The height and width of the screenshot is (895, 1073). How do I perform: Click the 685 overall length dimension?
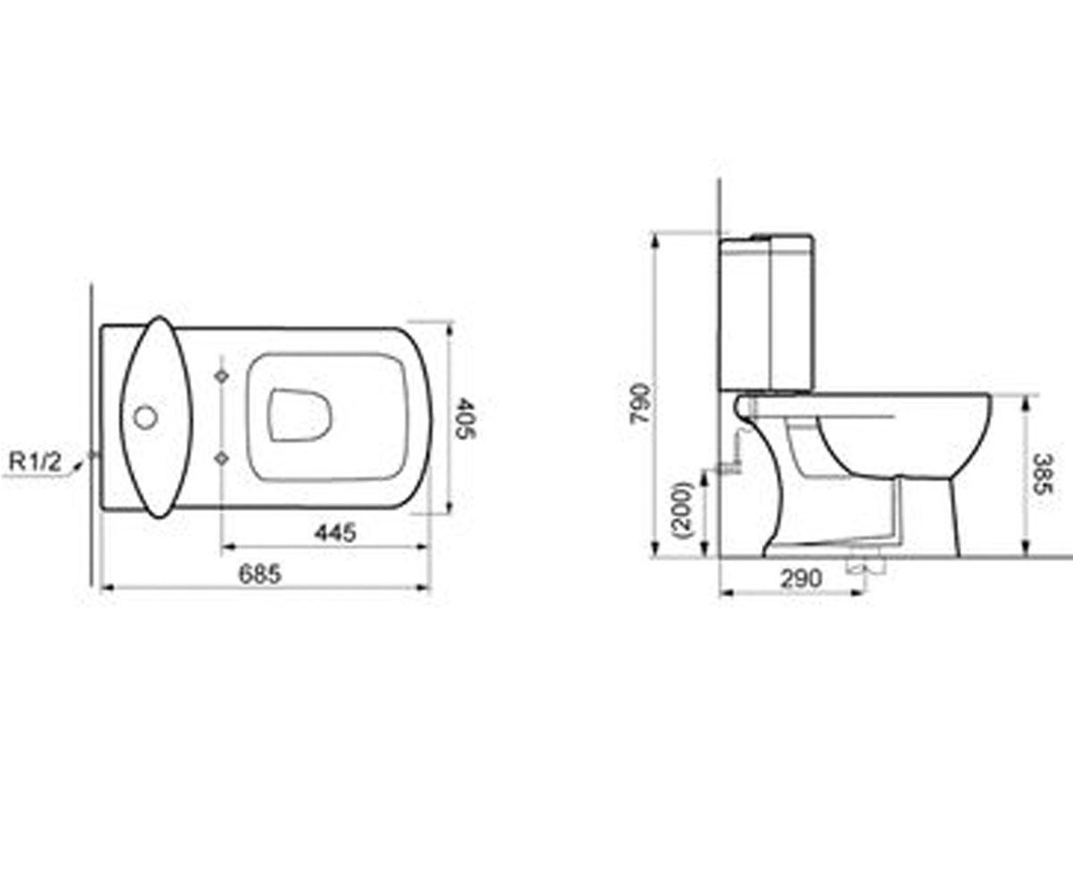[x=260, y=574]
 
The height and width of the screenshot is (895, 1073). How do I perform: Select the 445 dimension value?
[x=335, y=533]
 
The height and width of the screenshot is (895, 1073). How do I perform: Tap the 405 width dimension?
[x=466, y=417]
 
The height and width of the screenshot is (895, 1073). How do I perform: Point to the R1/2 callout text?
[x=36, y=463]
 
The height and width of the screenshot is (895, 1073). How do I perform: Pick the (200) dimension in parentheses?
[x=683, y=510]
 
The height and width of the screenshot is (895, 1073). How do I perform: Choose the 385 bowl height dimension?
[x=1043, y=473]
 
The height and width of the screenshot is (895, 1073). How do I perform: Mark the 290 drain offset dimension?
[x=802, y=579]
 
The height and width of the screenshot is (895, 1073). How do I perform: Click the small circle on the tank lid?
[x=146, y=417]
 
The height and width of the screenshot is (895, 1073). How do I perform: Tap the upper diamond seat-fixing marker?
[x=222, y=376]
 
